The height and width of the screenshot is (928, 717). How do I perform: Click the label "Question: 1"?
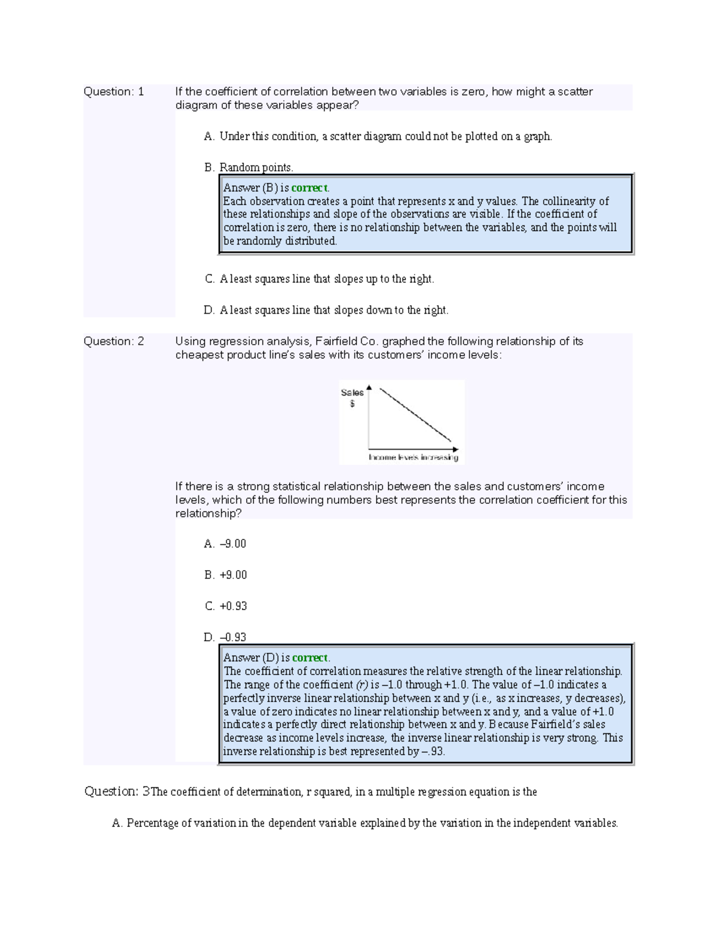(114, 91)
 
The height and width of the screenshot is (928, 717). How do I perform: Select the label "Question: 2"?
(114, 341)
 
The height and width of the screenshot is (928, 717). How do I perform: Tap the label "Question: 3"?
(117, 792)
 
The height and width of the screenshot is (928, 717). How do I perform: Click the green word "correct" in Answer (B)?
(310, 188)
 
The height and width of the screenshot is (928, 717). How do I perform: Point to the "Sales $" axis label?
(352, 397)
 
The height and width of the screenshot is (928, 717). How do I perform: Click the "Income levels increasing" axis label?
(413, 457)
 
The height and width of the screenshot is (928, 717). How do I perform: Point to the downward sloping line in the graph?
(415, 415)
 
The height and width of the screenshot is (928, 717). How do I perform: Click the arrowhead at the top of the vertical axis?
(369, 388)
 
